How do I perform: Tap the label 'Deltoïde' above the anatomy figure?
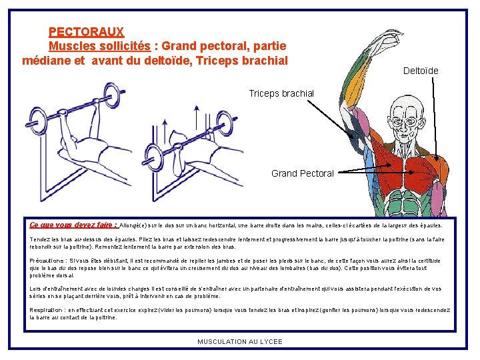(x=421, y=71)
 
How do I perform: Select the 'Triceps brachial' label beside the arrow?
(x=281, y=93)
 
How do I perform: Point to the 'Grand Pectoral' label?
(x=302, y=173)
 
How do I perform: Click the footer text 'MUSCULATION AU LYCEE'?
(x=240, y=342)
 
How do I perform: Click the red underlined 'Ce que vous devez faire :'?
(x=73, y=225)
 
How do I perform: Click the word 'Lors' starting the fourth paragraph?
(x=35, y=289)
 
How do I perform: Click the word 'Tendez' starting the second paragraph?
(x=39, y=239)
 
